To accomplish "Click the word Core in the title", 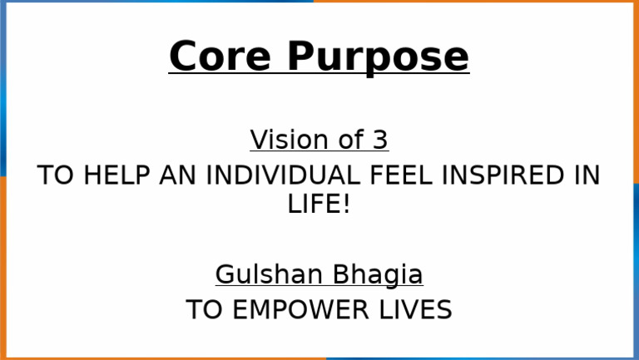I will coord(219,57).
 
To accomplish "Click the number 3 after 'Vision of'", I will coord(379,140).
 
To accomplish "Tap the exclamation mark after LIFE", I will coord(346,205).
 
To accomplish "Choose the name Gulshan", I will coord(268,274).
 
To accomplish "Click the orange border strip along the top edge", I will coord(474,2).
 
